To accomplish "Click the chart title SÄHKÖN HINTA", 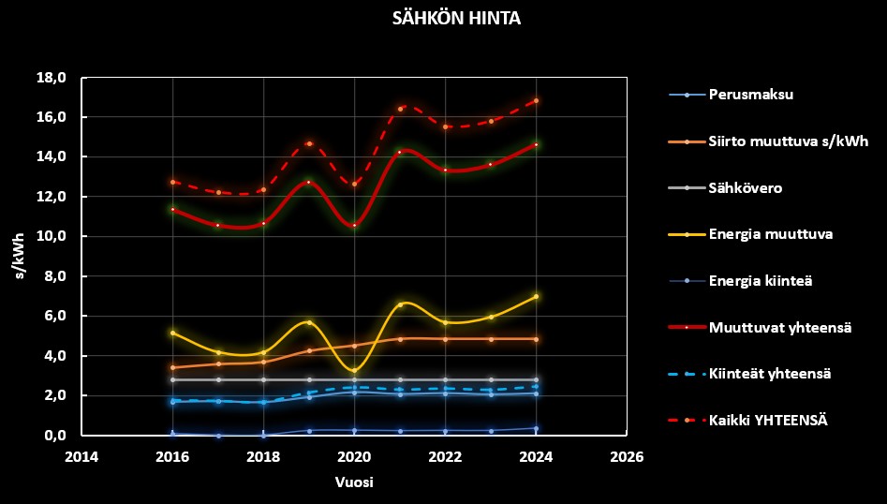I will tap(444, 19).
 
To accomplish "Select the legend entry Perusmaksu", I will tap(751, 95).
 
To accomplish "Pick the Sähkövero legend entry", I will tap(746, 188).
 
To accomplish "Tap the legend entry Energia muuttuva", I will tap(770, 234).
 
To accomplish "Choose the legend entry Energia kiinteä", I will tap(761, 281).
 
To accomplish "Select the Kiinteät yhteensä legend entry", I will tap(770, 374).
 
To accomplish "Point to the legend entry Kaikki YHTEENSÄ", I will tap(768, 421).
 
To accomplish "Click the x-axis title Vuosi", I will tap(354, 482).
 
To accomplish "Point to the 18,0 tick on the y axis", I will tap(51, 78).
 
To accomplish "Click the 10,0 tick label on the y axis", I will tap(51, 237).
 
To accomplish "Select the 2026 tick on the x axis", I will tap(627, 457).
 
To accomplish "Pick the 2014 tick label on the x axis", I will tap(81, 457).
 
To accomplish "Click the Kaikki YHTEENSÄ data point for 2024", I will tap(536, 100).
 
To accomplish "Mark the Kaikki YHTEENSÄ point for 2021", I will tap(400, 109).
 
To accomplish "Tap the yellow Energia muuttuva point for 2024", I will tap(536, 296).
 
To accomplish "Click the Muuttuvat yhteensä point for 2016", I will tap(172, 209).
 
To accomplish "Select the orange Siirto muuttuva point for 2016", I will tap(172, 367).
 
